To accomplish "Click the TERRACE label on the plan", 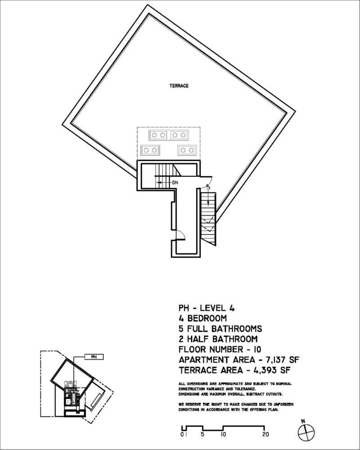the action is tap(179, 85).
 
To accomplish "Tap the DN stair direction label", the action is tap(175, 183).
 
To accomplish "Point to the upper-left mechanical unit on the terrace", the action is tap(158, 135).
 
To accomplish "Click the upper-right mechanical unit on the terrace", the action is tap(179, 135).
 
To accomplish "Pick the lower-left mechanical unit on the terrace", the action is tap(150, 150).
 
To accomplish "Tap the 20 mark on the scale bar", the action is tap(265, 435).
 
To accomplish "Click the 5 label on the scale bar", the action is tap(202, 435).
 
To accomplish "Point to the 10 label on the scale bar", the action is tap(223, 435).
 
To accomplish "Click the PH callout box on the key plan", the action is tap(94, 357).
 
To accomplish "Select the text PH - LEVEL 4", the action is tap(207, 308).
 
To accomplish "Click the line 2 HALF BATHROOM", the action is tap(218, 339).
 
